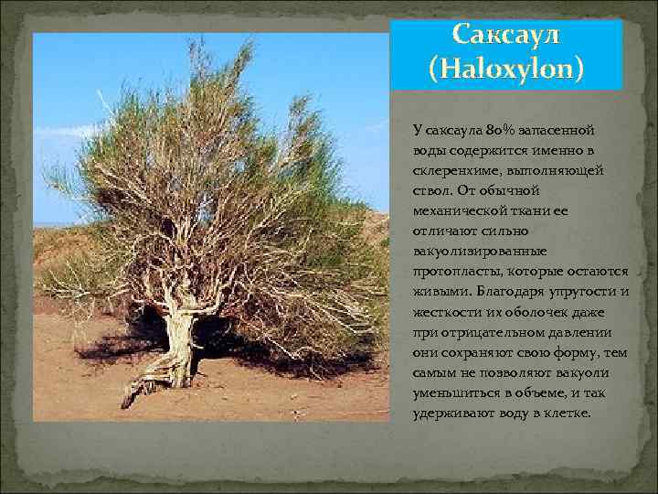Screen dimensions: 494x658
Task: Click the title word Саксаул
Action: [506, 37]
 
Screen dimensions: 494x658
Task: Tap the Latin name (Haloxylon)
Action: [506, 68]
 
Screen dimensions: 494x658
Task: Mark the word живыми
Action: [439, 292]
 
